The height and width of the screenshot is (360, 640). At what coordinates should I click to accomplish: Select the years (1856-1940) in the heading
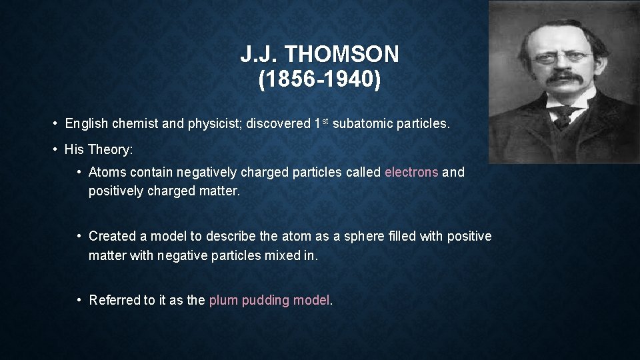[x=320, y=79]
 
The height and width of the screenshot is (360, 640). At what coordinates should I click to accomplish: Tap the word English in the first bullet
[x=87, y=123]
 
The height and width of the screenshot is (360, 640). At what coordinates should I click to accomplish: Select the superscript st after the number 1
[x=325, y=121]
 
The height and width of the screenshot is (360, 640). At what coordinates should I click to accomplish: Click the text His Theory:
[x=99, y=149]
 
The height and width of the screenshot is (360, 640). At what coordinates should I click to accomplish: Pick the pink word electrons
[x=411, y=172]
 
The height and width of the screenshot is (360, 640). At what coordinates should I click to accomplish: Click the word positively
[x=115, y=191]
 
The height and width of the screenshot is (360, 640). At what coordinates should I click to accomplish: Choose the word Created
[x=110, y=236]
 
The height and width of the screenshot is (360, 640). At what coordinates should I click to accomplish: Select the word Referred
[x=114, y=300]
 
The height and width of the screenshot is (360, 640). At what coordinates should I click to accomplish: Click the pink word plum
[x=223, y=300]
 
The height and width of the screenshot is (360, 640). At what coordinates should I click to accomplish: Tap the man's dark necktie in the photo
[x=564, y=116]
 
